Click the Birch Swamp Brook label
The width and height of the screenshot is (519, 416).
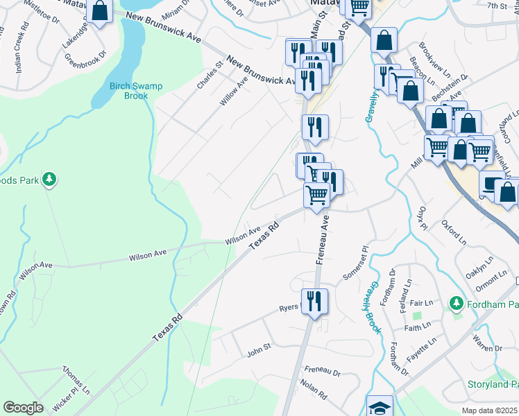[x=136, y=91]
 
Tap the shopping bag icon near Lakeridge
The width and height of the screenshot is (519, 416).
[x=100, y=12]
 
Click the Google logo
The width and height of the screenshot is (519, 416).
[x=23, y=408]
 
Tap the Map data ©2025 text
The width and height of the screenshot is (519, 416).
[x=490, y=410]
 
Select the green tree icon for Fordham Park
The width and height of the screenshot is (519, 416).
[x=456, y=303]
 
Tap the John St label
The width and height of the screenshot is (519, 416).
[x=258, y=354]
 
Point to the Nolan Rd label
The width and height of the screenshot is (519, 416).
[x=314, y=388]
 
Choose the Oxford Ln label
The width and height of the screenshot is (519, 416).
[x=454, y=233]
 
